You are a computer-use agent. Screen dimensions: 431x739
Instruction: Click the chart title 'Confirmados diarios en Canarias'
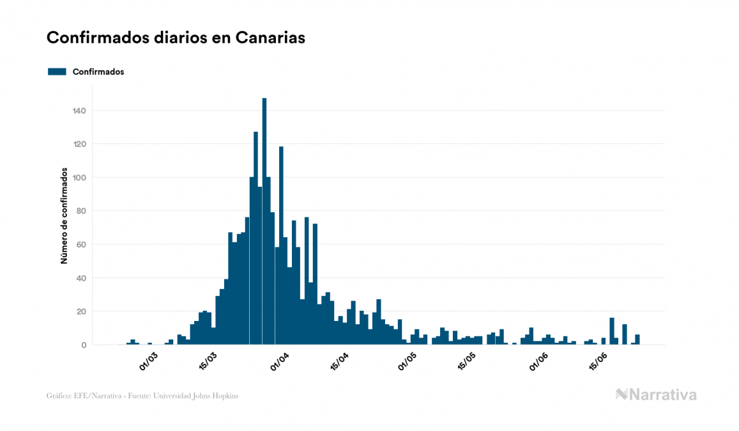(176, 38)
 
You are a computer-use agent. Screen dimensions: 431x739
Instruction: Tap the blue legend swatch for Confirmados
(57, 72)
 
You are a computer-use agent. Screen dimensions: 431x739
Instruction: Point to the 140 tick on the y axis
(79, 111)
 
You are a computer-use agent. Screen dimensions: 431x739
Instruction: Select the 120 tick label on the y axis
(79, 144)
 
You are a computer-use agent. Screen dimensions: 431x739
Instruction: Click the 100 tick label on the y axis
(79, 177)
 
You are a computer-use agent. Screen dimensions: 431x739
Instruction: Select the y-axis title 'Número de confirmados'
(64, 216)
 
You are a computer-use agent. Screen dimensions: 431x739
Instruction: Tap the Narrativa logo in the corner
(656, 395)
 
